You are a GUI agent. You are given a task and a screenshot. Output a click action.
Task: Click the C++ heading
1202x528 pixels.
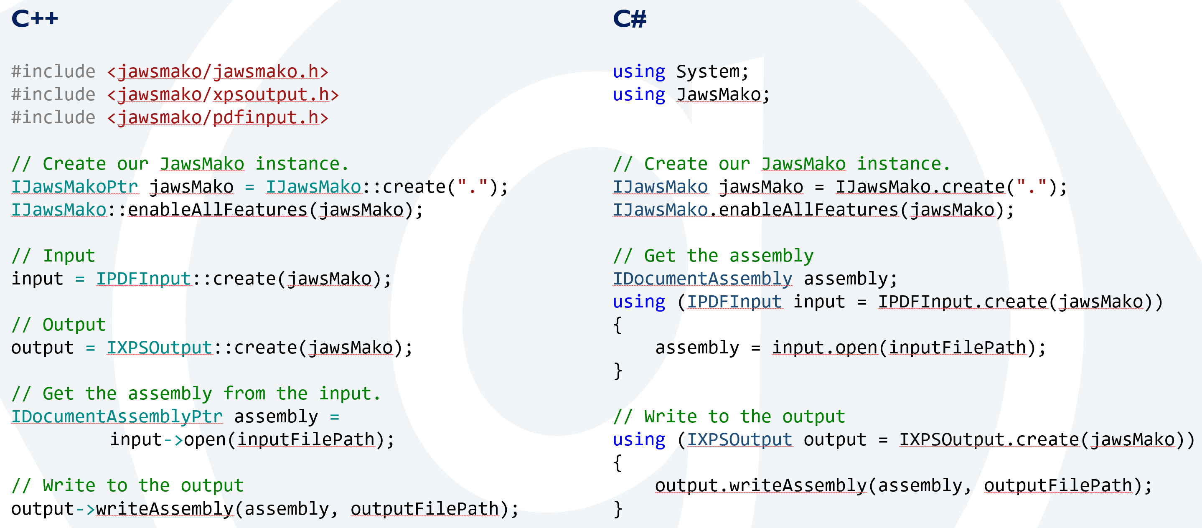point(35,19)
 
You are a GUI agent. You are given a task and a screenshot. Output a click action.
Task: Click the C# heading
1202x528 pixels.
point(630,19)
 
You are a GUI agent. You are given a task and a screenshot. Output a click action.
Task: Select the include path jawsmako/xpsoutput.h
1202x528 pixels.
point(223,95)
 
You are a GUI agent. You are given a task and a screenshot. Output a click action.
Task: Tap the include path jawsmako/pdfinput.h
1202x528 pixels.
point(217,117)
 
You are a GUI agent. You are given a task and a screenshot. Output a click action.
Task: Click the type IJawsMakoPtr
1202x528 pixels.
point(75,187)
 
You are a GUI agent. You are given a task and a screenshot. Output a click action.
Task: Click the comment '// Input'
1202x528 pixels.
point(53,256)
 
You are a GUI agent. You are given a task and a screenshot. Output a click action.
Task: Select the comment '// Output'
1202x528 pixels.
point(58,325)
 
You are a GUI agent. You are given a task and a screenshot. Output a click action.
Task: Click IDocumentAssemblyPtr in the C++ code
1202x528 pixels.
point(117,416)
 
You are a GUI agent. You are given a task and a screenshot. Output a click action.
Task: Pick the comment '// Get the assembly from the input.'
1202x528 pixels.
point(196,393)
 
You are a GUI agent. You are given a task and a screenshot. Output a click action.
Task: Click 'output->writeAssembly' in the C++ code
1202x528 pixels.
point(122,509)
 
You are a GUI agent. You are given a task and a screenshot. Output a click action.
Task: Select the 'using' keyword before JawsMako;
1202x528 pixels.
point(638,95)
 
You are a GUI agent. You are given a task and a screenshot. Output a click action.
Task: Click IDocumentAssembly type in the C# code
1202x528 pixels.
point(702,279)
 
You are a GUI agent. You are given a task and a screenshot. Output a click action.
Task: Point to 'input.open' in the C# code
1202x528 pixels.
point(824,348)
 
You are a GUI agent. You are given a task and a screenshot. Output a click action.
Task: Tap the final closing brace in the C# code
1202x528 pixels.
point(618,509)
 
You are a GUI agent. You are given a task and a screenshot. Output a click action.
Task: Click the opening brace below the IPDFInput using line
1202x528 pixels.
point(618,325)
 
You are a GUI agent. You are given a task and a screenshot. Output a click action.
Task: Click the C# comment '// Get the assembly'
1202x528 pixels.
point(713,256)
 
